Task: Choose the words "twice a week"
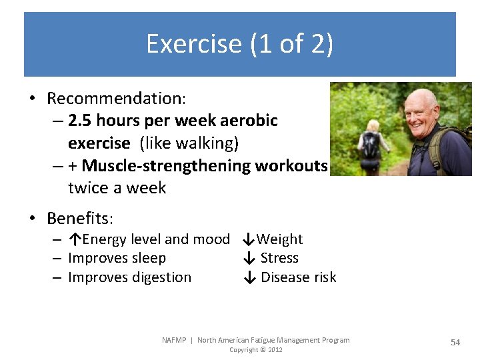coord(117,187)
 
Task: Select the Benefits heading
coord(80,218)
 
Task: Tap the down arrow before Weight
coord(247,239)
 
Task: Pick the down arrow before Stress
coord(249,258)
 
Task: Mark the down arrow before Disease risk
coord(249,277)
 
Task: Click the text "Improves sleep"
coord(117,258)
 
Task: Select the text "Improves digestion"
coord(129,277)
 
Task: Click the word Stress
coord(279,258)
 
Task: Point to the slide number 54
coord(455,342)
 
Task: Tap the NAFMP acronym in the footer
coord(175,340)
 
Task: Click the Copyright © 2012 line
coord(255,350)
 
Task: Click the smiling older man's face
coord(422,114)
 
